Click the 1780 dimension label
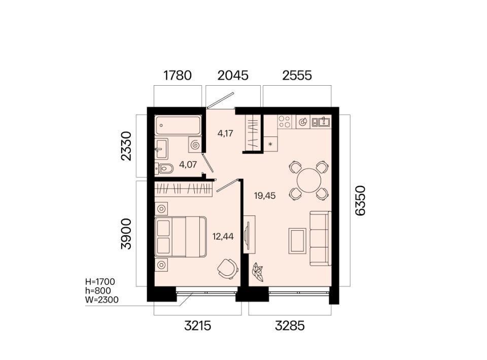pyautogui.click(x=178, y=76)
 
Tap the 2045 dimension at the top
pyautogui.click(x=233, y=76)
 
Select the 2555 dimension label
pyautogui.click(x=297, y=76)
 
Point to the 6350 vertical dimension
pyautogui.click(x=360, y=200)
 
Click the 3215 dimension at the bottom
pyautogui.click(x=197, y=326)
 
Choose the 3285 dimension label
pyautogui.click(x=290, y=326)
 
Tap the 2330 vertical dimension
pyautogui.click(x=126, y=146)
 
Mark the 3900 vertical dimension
pyautogui.click(x=126, y=234)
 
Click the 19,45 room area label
pyautogui.click(x=265, y=196)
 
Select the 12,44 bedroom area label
pyautogui.click(x=223, y=237)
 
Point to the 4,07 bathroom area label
pyautogui.click(x=188, y=164)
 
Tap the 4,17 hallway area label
pyautogui.click(x=225, y=134)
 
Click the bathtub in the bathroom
pyautogui.click(x=178, y=125)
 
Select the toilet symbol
pyautogui.click(x=164, y=169)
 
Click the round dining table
pyautogui.click(x=309, y=181)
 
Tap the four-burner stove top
pyautogui.click(x=285, y=122)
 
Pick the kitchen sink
pyautogui.click(x=321, y=122)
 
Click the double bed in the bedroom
pyautogui.click(x=181, y=237)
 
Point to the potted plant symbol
pyautogui.click(x=258, y=271)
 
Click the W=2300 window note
pyautogui.click(x=101, y=300)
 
